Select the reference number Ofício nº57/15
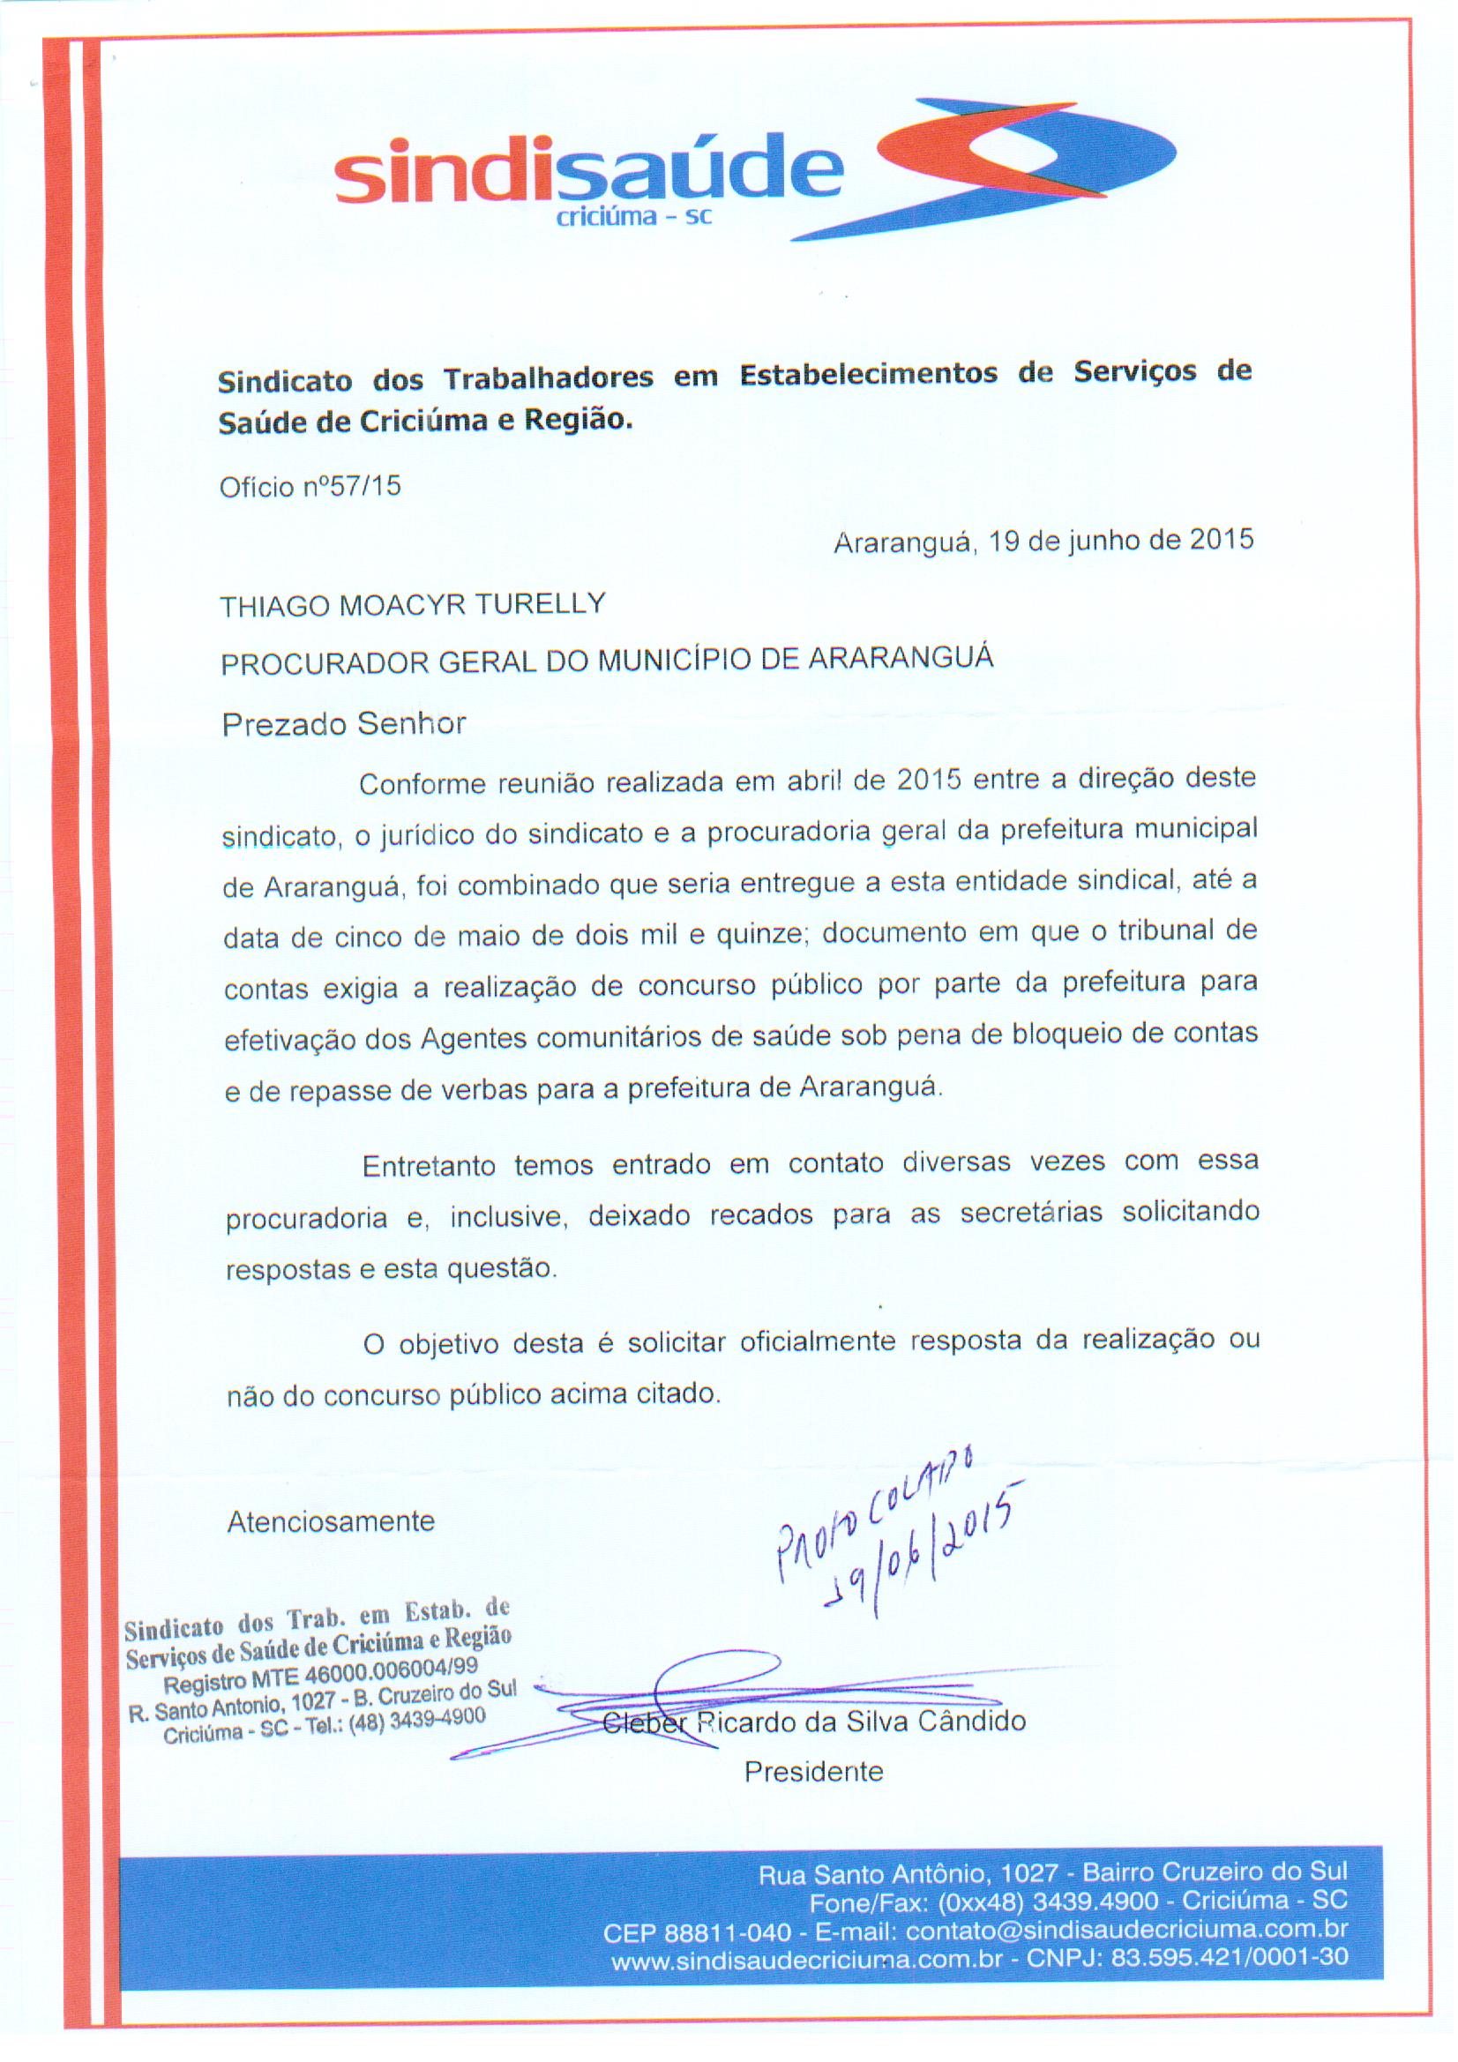310,487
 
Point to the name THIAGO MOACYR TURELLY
414,604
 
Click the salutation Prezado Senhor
344,724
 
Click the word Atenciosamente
331,1520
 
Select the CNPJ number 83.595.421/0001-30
1229,1959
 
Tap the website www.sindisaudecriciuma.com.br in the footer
806,1960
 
